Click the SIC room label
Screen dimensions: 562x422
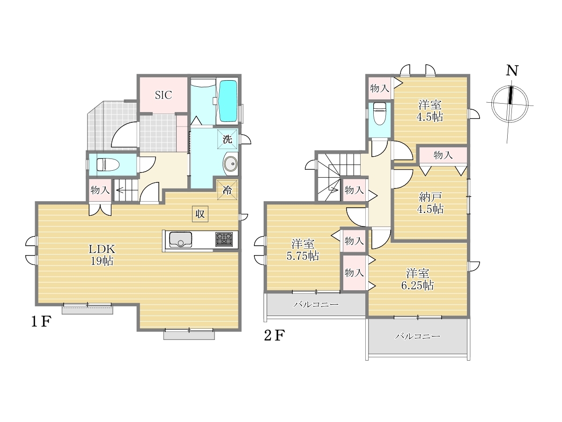click(163, 95)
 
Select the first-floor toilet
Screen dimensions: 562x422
click(108, 165)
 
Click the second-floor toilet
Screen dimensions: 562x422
click(379, 113)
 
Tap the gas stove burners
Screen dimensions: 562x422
click(224, 239)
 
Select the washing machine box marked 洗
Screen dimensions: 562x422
click(227, 139)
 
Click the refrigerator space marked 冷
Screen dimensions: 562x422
click(227, 190)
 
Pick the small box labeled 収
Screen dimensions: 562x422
click(200, 214)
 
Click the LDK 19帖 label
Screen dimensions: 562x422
click(102, 255)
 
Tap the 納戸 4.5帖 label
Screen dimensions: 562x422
click(430, 203)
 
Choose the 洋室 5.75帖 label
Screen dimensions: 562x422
click(303, 249)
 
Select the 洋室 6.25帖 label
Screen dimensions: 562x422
click(418, 279)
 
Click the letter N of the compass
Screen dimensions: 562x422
click(512, 71)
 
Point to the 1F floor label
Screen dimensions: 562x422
click(41, 322)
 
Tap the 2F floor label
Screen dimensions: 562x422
click(274, 335)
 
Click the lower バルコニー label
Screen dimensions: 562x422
click(418, 336)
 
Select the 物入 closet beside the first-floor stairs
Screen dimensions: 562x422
click(100, 190)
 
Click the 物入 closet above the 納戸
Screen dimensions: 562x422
click(443, 155)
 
